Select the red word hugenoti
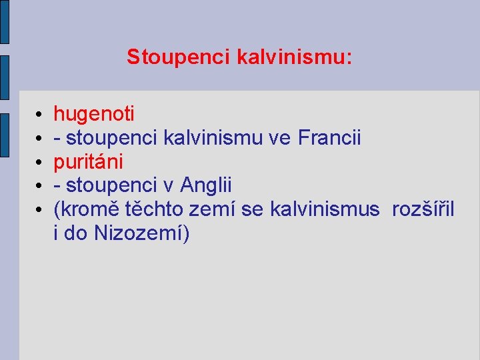coord(94,114)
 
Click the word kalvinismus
coord(325,210)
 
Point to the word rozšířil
coord(423,210)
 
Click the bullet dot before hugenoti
coord(40,115)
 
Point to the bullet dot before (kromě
coord(40,211)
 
